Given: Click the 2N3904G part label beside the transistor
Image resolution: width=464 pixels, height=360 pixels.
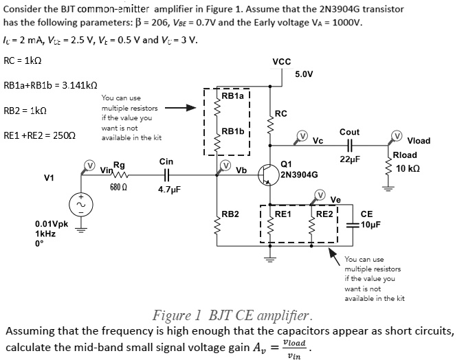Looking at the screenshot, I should pyautogui.click(x=299, y=175).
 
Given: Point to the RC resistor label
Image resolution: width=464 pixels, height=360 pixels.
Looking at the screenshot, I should pyautogui.click(x=280, y=113).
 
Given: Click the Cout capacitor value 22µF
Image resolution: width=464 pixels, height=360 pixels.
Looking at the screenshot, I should pyautogui.click(x=351, y=159).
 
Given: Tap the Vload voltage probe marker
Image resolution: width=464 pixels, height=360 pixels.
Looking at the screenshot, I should pyautogui.click(x=397, y=135).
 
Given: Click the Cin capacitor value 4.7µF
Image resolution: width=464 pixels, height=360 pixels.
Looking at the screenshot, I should pyautogui.click(x=169, y=188).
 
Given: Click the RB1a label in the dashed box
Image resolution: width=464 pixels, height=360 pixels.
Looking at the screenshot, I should pyautogui.click(x=232, y=97).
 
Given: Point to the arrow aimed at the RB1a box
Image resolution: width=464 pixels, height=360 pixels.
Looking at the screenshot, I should pyautogui.click(x=181, y=108).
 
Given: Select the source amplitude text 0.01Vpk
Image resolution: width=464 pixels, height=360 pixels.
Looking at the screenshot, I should pyautogui.click(x=52, y=224).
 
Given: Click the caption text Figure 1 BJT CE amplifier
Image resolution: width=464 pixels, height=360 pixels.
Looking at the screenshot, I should pyautogui.click(x=232, y=316).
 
